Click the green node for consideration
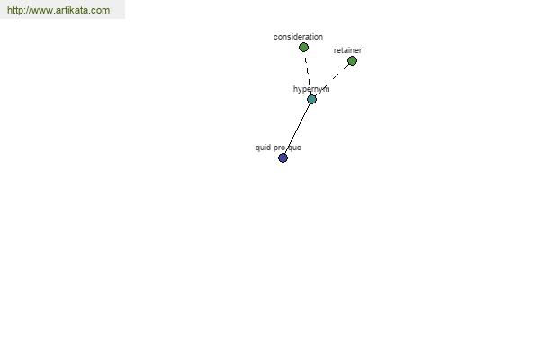[303, 48]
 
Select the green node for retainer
[352, 61]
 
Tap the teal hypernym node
[311, 100]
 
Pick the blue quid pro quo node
[283, 158]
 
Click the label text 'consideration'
[298, 37]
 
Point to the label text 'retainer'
[347, 50]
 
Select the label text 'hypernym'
[311, 89]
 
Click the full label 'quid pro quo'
[278, 148]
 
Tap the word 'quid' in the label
[262, 148]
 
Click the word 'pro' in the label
[279, 148]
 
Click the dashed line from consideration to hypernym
[308, 73]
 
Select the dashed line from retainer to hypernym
[332, 80]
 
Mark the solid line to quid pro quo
[297, 129]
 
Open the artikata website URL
[58, 10]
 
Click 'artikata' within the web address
[74, 10]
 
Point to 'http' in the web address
[14, 10]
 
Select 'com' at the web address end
[102, 11]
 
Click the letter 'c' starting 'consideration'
[275, 37]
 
